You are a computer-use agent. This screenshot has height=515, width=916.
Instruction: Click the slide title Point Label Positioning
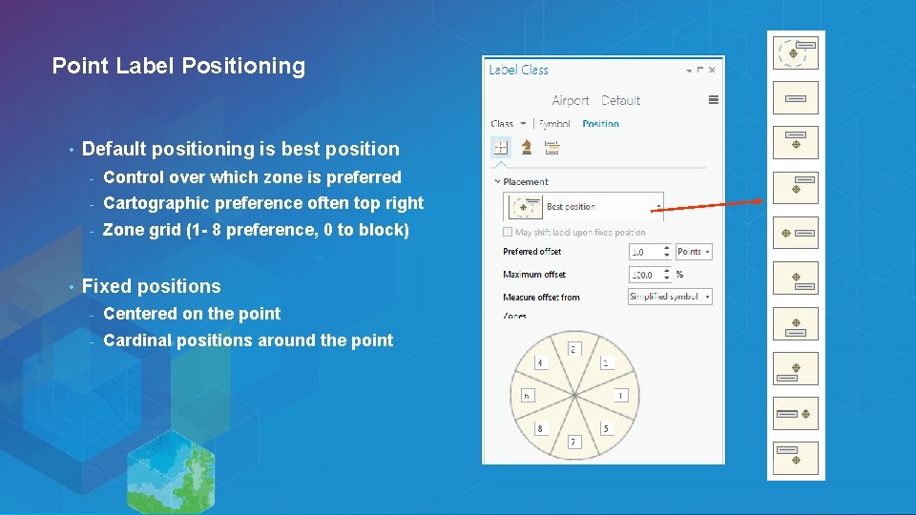coord(178,66)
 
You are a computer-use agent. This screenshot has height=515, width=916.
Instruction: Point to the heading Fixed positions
coord(151,286)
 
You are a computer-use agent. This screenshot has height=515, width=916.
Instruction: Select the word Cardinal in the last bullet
coord(136,340)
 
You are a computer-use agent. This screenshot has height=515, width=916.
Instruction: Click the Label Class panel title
coord(518,70)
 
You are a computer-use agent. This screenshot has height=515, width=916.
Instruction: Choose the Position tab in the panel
coord(600,124)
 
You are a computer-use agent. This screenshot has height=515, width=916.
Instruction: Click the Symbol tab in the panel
coord(554,124)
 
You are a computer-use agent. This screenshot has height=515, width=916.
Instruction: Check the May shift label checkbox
coord(508,232)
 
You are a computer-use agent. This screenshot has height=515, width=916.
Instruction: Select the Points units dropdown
coord(694,252)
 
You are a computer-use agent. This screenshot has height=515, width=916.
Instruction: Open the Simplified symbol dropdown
coord(670,297)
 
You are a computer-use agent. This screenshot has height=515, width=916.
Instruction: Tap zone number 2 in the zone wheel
coord(574,349)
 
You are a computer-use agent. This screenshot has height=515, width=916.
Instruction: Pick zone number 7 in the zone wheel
coord(574,442)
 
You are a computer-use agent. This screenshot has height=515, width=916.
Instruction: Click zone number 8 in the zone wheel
coord(540,428)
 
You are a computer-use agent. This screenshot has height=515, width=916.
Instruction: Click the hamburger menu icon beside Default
coord(713,99)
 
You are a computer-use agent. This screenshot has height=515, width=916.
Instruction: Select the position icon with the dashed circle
coord(796,51)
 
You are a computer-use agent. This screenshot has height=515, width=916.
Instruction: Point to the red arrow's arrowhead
coord(760,200)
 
